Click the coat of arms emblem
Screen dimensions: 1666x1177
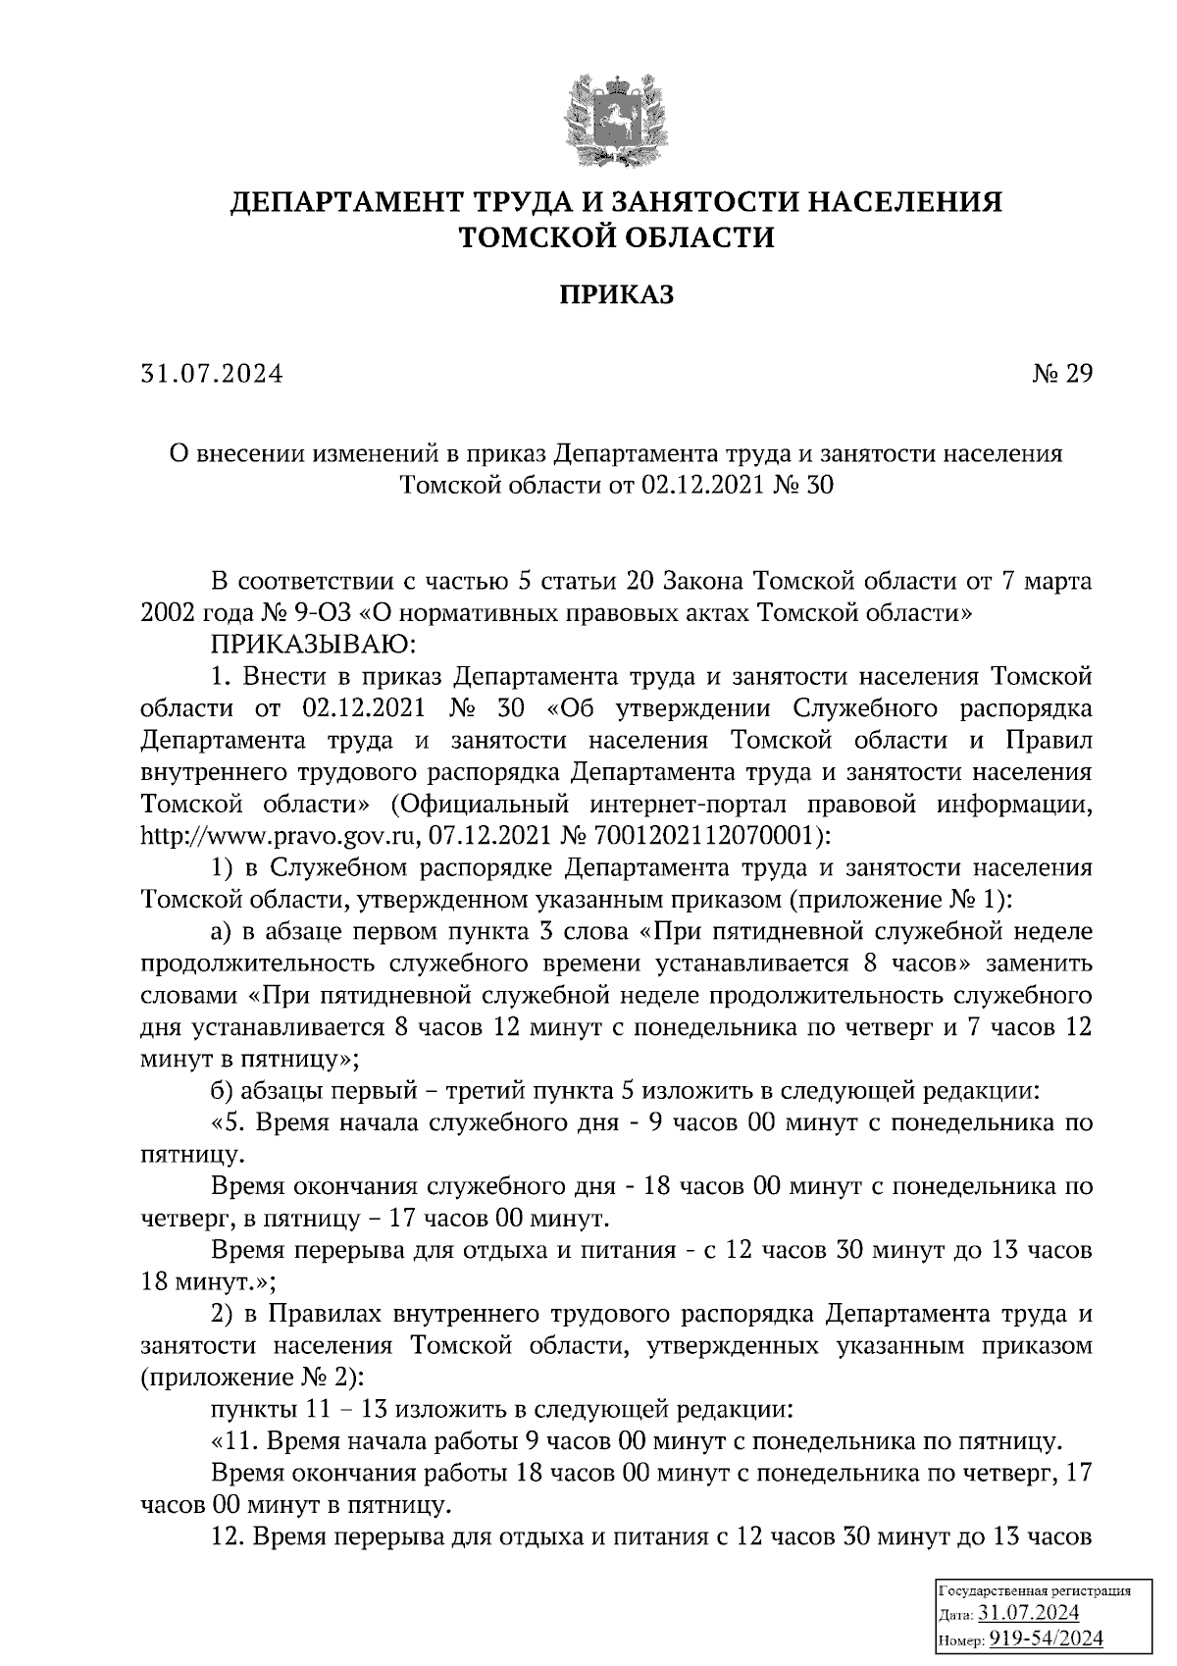click(x=615, y=116)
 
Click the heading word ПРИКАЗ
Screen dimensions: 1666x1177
click(x=616, y=294)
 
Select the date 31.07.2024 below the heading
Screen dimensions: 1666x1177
click(x=211, y=374)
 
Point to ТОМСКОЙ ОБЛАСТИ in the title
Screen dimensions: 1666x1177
click(x=616, y=237)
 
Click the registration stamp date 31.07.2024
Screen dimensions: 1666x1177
click(x=1029, y=1612)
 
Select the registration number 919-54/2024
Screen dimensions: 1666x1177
click(x=1045, y=1638)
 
